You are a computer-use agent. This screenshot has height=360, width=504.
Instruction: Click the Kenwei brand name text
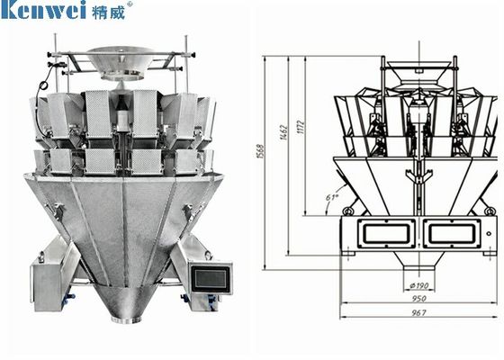coord(45,12)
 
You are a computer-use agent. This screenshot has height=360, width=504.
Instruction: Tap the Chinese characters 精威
coord(110,12)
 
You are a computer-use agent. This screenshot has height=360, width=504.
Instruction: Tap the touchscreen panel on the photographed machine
coord(212,277)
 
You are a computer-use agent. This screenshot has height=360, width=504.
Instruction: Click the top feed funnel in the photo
coord(123,65)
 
